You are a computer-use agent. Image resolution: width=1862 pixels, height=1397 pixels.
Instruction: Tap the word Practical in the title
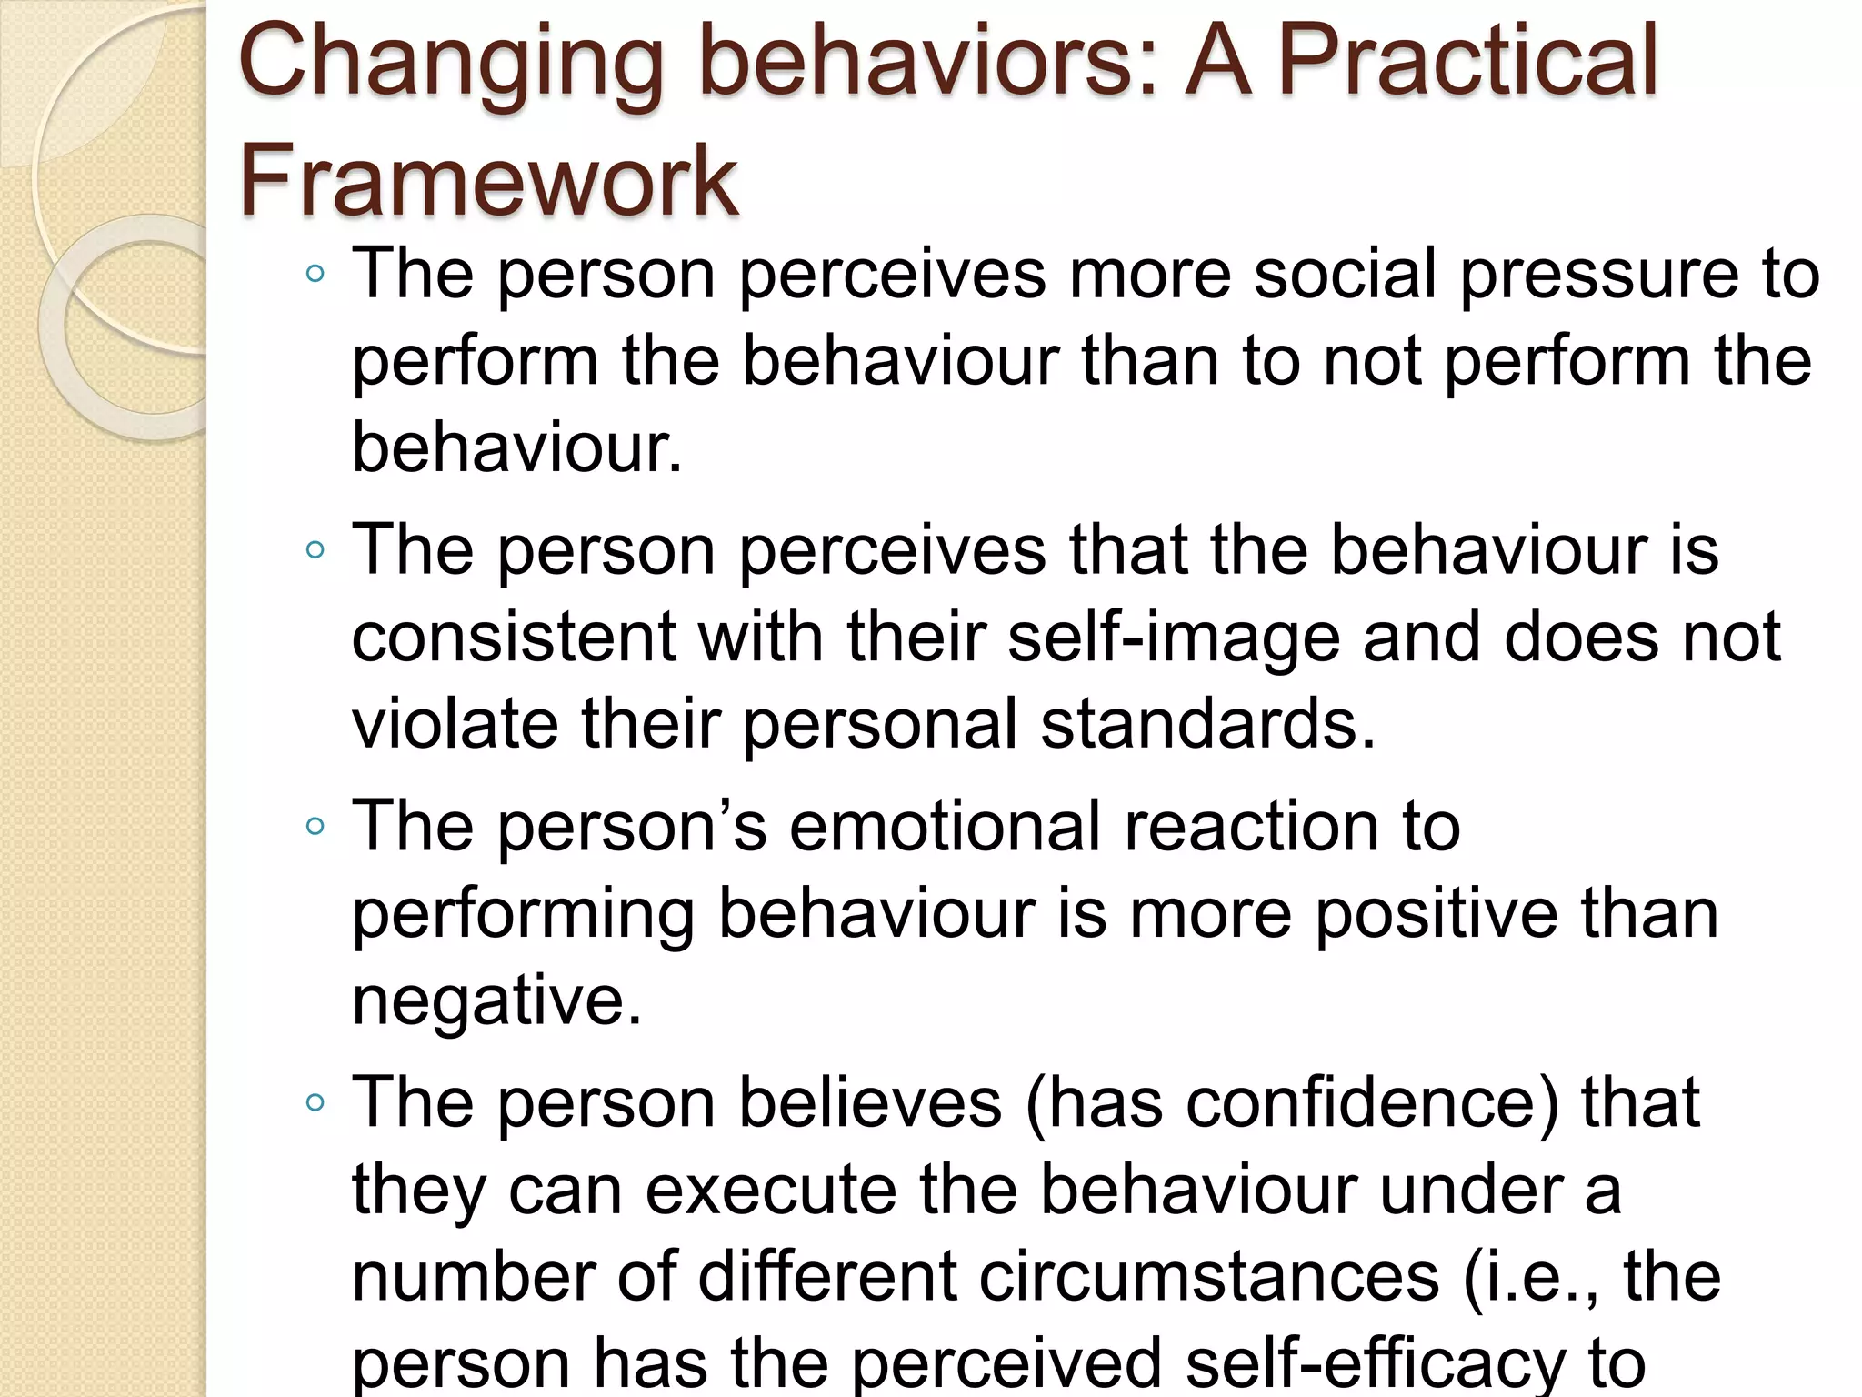[1468, 62]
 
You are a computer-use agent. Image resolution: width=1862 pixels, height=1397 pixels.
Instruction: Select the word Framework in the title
[488, 181]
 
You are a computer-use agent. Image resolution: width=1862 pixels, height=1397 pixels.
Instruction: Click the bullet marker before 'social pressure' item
[315, 274]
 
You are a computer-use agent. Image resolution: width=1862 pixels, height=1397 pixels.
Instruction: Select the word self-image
[1174, 638]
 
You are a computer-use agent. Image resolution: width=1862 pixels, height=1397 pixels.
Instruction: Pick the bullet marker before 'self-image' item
[315, 550]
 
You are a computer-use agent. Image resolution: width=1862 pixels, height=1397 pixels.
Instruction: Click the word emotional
[946, 827]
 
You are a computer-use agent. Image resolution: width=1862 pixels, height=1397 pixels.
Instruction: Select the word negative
[496, 1001]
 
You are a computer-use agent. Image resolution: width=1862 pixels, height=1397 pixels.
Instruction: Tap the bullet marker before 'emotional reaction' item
[315, 827]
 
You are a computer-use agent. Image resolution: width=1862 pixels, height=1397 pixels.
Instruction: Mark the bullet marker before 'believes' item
[315, 1103]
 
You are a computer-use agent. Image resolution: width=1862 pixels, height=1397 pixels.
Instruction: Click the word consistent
[513, 638]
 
